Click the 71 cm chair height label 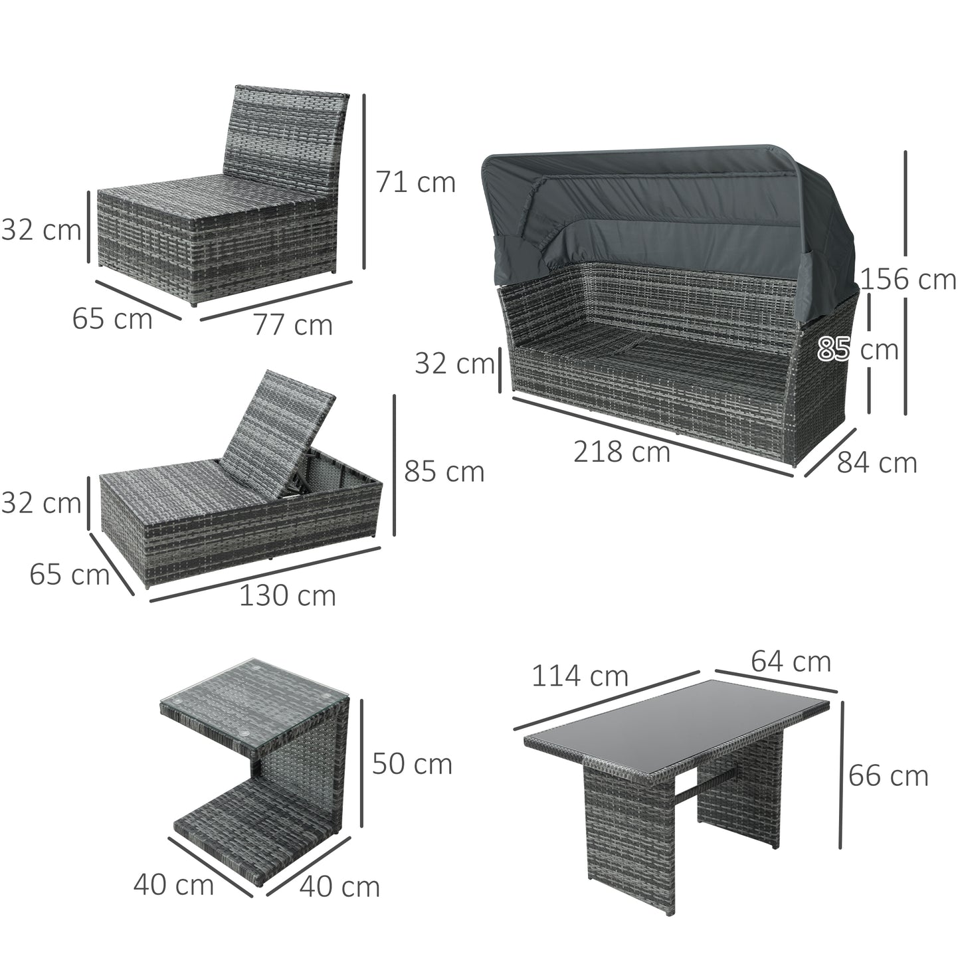[x=416, y=182]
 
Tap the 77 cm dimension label [x=293, y=325]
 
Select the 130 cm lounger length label [x=287, y=595]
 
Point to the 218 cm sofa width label [x=621, y=452]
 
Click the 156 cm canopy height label [x=908, y=279]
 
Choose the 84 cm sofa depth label [x=876, y=462]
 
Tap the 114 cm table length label [x=579, y=676]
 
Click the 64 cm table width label [x=791, y=661]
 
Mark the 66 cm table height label [x=888, y=775]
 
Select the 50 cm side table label [x=412, y=763]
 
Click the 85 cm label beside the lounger [x=444, y=472]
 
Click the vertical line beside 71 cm [x=364, y=181]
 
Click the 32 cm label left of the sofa [x=454, y=363]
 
